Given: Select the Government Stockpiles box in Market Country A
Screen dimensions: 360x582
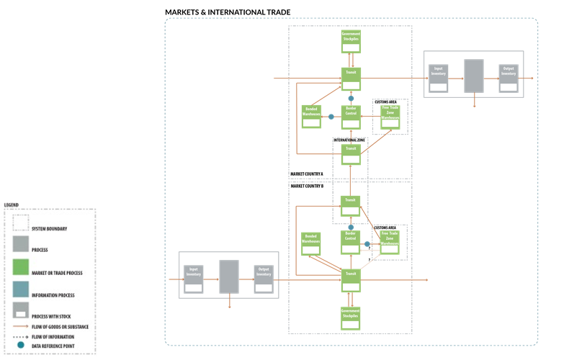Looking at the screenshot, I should [x=351, y=41].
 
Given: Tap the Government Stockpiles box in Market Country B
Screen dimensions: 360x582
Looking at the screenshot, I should [x=351, y=318].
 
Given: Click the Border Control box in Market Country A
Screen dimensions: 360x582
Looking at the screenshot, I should [x=351, y=116].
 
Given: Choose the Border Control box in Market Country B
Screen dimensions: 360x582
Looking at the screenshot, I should [x=351, y=241].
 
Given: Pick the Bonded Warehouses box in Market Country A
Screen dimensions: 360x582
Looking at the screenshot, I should [x=311, y=116].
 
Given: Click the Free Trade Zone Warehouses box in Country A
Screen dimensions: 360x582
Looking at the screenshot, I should [x=390, y=116].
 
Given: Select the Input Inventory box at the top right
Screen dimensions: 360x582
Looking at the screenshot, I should [x=439, y=77].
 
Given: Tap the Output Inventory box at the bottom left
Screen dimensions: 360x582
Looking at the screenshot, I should [x=264, y=277].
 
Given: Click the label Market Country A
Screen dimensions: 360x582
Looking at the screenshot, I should [x=307, y=174].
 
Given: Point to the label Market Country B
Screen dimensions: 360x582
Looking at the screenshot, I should [x=307, y=186].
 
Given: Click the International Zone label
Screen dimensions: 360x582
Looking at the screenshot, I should [x=349, y=140].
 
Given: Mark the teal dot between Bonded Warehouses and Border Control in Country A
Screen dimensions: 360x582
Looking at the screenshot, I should [x=331, y=117].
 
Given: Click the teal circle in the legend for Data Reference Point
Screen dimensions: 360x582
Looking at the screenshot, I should [x=21, y=346].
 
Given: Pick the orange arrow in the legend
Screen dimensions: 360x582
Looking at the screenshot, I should [x=21, y=328].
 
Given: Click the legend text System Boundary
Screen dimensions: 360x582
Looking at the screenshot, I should [x=49, y=229].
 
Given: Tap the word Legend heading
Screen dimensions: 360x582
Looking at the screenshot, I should [x=12, y=205].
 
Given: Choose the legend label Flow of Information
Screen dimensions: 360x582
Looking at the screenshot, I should [x=52, y=336].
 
